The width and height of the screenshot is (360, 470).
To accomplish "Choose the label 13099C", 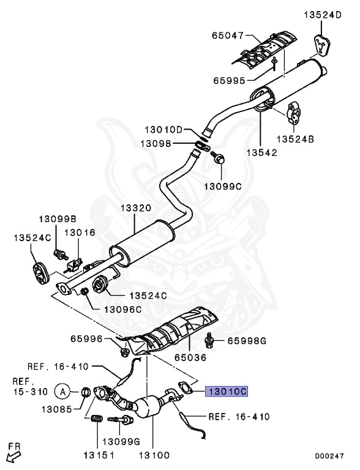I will tap(223, 185).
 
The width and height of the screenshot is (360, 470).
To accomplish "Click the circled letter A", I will tap(62, 390).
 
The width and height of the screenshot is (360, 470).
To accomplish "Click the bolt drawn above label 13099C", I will tap(218, 159).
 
